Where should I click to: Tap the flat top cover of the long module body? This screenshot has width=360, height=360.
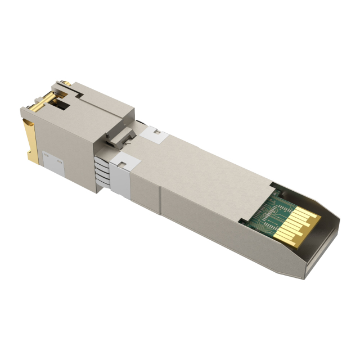click(202, 169)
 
